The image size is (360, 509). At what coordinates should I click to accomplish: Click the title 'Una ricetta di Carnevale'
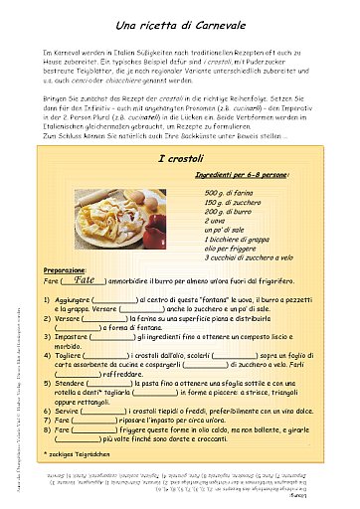[x=180, y=23]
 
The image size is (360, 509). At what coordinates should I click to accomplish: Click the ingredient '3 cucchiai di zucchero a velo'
[x=254, y=257]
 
